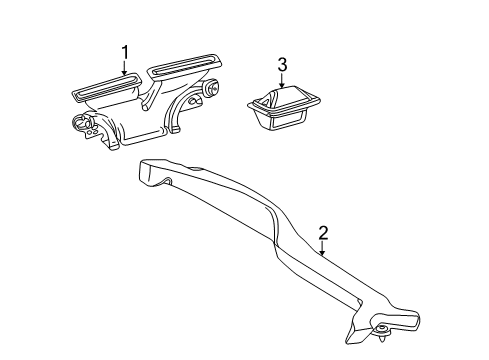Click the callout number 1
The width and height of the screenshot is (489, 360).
[126, 52]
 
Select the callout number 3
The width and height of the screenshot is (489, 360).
[282, 65]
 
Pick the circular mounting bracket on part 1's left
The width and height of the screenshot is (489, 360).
[82, 127]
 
